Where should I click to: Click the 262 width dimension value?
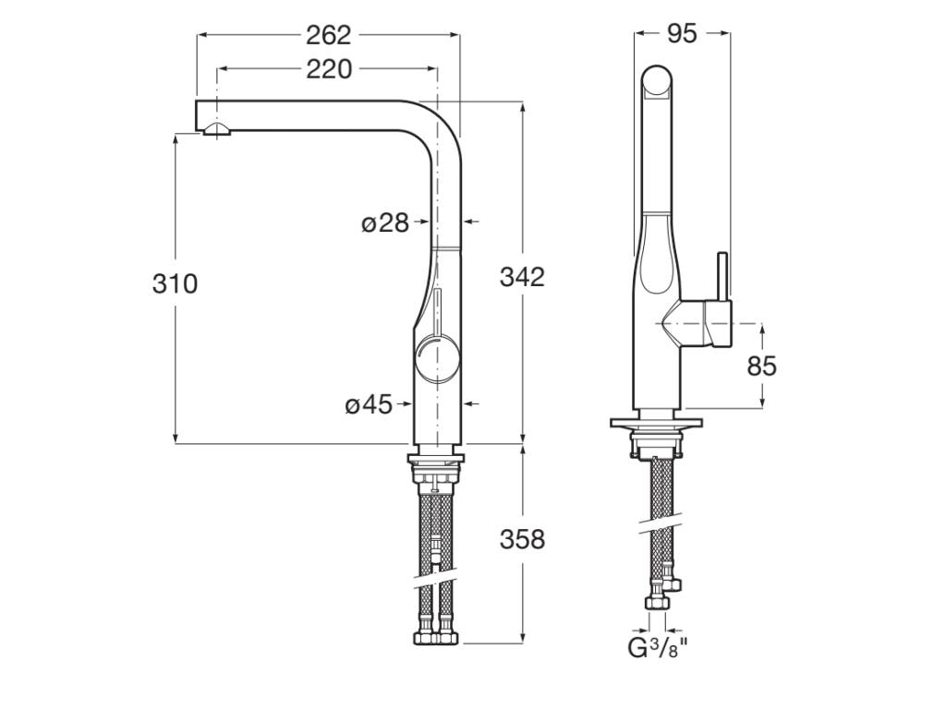coord(328,35)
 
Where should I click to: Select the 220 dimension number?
coord(328,69)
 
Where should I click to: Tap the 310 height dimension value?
coord(175,283)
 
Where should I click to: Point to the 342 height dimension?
coord(522,276)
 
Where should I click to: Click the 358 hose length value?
coord(522,538)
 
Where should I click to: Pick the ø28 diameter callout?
coord(384,222)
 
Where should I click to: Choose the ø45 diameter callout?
coord(369,404)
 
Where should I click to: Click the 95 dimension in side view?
coord(681,34)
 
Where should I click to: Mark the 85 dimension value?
coord(761,367)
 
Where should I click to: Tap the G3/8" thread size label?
coord(658,648)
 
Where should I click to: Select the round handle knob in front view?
coord(436,359)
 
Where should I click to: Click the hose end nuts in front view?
coord(436,636)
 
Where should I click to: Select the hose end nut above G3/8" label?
coord(657,603)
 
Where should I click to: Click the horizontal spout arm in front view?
coord(314,115)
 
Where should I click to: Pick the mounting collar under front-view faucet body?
coord(436,455)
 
